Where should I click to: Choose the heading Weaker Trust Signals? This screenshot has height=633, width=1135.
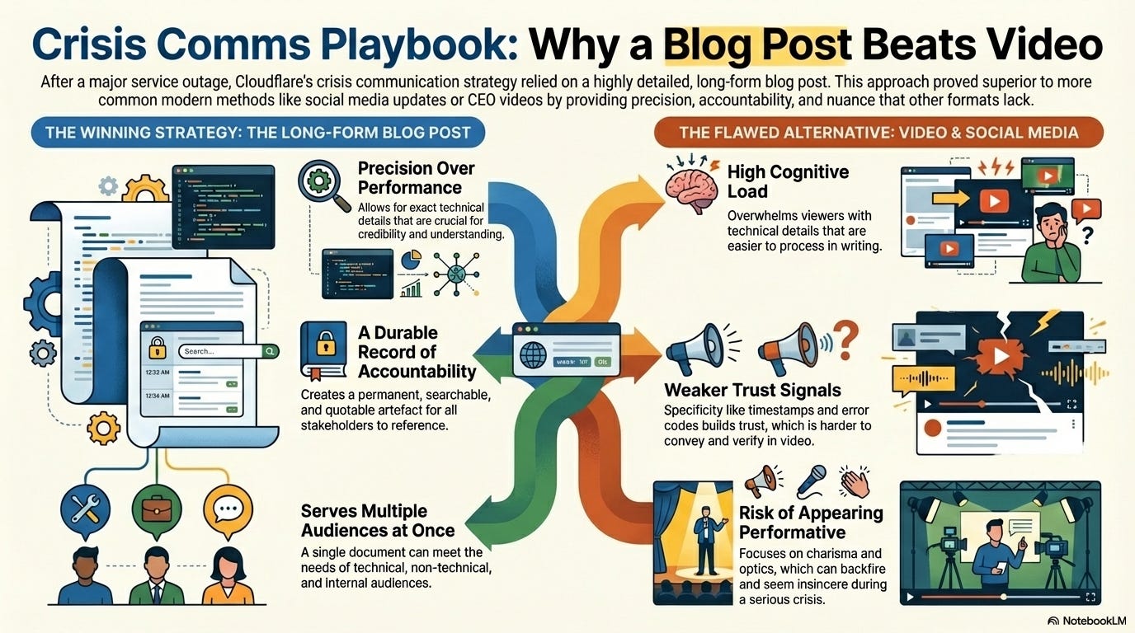[752, 390]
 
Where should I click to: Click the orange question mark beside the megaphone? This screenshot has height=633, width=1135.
[845, 336]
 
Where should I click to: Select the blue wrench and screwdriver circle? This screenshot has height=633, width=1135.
[86, 509]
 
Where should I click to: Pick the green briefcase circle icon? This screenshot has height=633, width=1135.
[156, 509]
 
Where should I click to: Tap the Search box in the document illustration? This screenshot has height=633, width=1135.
[220, 351]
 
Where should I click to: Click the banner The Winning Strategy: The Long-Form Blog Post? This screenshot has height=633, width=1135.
[257, 133]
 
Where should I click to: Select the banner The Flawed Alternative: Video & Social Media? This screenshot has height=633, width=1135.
[878, 133]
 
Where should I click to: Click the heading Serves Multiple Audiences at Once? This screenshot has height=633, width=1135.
[378, 520]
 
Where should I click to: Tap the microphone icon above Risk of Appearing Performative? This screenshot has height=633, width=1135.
[810, 480]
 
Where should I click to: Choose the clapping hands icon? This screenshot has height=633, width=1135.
[855, 481]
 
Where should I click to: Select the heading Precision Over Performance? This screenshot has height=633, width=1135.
[416, 177]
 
